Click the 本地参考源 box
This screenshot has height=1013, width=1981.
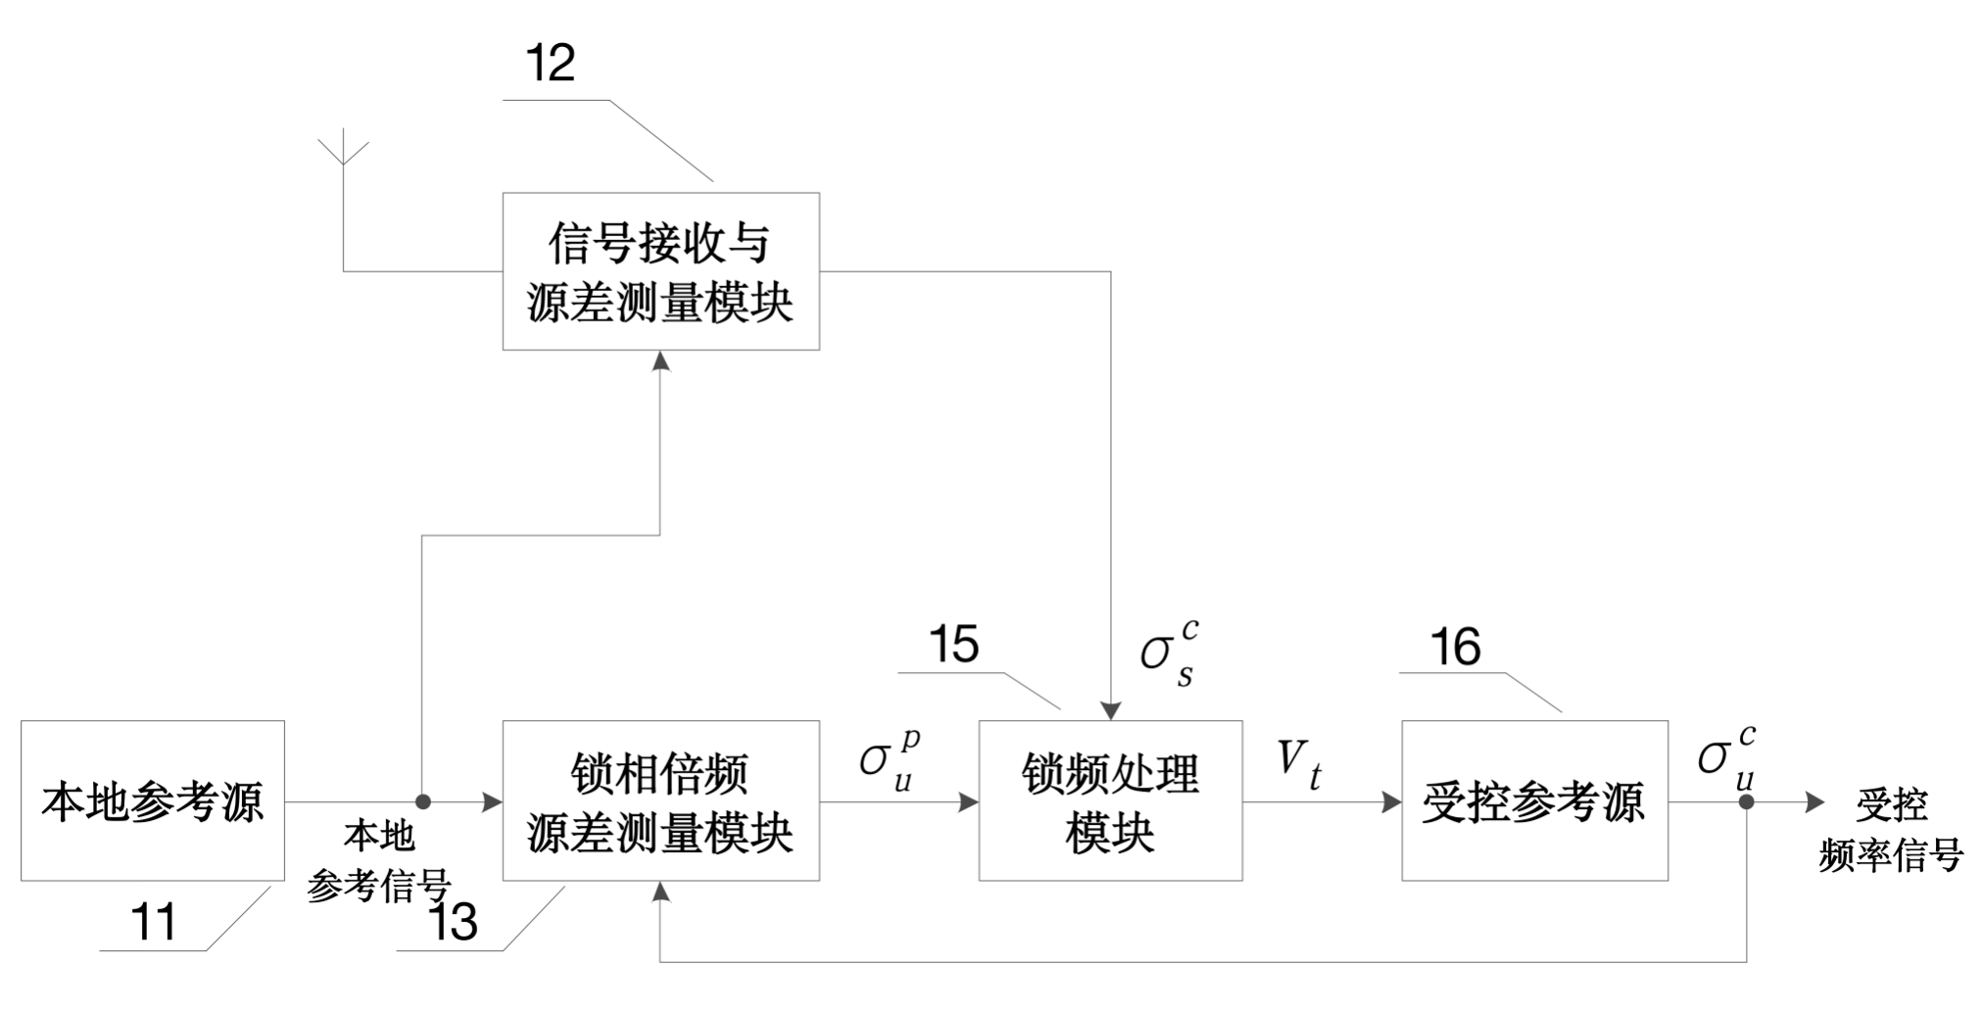153,800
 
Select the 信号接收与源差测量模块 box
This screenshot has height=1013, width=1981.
660,271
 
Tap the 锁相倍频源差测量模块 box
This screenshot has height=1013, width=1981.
660,800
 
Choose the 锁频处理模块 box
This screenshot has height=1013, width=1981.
1110,800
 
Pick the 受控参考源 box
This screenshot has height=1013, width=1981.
1534,800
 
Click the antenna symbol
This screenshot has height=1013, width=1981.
343,152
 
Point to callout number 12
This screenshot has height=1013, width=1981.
550,64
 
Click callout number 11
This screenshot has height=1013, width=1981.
154,922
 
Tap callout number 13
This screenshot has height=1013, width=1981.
454,922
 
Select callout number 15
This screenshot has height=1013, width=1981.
953,645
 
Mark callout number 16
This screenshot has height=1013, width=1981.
1455,647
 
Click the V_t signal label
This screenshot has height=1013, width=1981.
1299,764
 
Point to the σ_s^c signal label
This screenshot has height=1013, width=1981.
1169,652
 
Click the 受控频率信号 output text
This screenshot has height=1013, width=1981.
1892,831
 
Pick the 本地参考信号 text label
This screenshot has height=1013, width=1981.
379,861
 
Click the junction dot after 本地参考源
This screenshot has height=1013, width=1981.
423,801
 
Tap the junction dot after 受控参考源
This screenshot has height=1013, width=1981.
1746,801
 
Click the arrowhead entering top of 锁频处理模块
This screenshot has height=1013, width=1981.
1110,710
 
